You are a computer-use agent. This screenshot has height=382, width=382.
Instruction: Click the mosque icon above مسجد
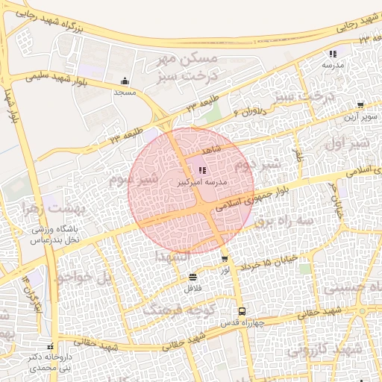[x=124, y=82]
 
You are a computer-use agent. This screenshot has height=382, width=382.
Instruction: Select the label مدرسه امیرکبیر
[x=202, y=182]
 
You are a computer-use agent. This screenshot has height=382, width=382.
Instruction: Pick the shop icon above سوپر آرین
[x=361, y=105]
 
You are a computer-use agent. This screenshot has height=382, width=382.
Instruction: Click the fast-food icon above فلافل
[x=193, y=276]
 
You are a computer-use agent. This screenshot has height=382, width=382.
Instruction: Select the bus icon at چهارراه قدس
[x=241, y=311]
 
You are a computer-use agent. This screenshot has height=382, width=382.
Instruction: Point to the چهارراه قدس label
[x=239, y=323]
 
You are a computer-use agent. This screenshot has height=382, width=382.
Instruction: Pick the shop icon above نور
[x=225, y=258]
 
